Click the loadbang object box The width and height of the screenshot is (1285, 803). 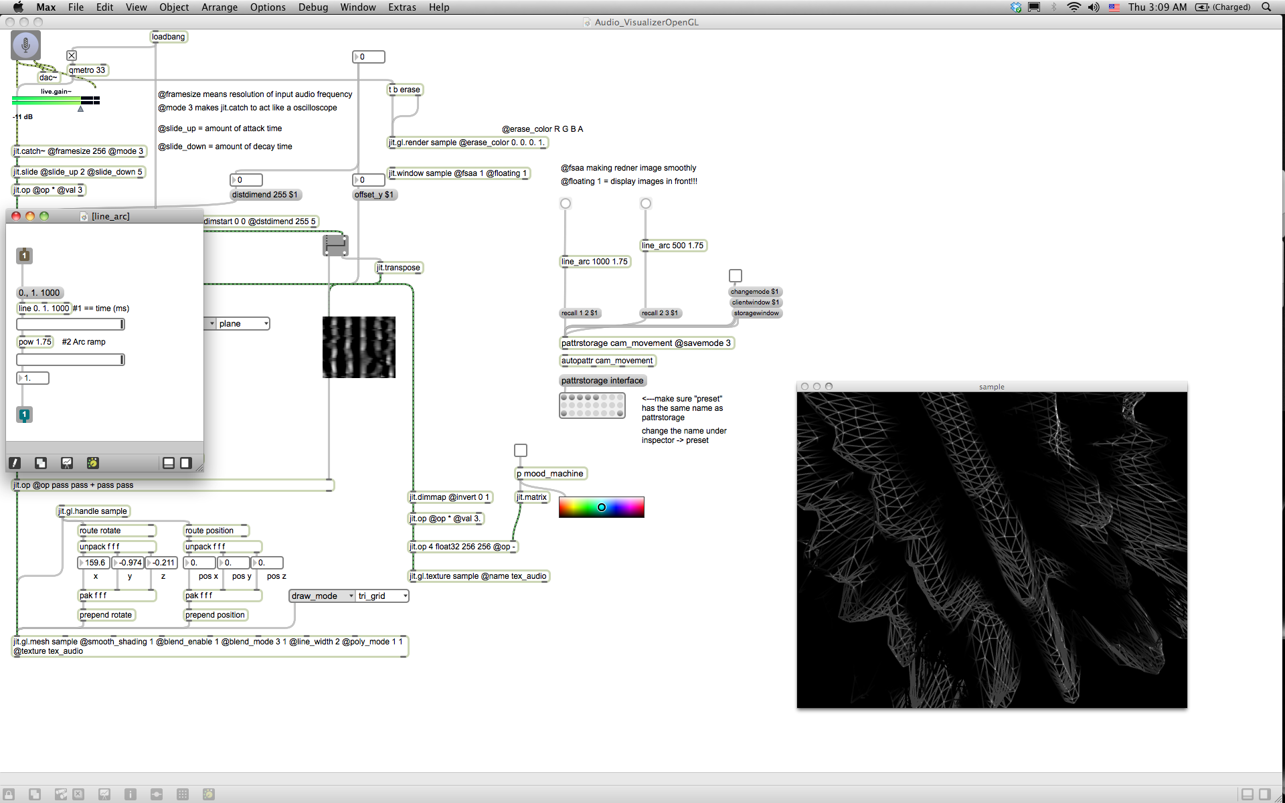point(169,37)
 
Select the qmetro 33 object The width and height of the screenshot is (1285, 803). point(87,70)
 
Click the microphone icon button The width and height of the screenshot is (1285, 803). point(25,45)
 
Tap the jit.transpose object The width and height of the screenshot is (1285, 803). point(399,268)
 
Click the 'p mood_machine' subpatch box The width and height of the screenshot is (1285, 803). point(551,474)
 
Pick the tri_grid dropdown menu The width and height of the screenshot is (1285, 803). point(382,596)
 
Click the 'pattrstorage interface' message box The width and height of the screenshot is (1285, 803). point(602,381)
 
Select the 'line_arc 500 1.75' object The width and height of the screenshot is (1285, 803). point(673,246)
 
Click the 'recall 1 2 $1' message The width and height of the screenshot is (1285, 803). point(580,313)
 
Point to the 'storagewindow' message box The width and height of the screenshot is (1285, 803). point(756,313)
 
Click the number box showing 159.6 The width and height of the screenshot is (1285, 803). point(94,563)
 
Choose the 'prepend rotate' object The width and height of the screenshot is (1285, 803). point(106,615)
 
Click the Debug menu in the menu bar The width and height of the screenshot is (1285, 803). point(313,7)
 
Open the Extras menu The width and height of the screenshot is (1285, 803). point(402,7)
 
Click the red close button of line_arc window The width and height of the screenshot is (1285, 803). point(16,216)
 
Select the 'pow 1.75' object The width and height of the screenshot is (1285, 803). point(35,342)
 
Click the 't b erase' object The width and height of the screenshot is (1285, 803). point(406,90)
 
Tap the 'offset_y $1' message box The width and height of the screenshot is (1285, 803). point(374,195)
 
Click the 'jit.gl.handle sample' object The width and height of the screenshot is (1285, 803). point(93,511)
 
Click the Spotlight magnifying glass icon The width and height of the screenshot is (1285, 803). point(1266,7)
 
